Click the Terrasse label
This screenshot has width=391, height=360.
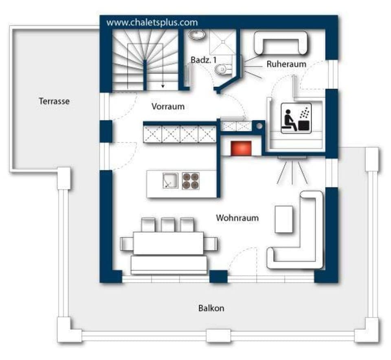[54, 101]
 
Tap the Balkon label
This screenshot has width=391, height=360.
[211, 308]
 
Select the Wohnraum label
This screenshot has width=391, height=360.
[237, 218]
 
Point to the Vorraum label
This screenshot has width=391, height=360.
[168, 107]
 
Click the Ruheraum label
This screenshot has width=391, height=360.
[286, 64]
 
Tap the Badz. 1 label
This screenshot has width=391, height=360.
[204, 60]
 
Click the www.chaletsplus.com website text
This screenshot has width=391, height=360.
[152, 22]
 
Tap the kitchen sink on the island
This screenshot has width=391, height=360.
[170, 180]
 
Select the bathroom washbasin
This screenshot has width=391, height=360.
[198, 35]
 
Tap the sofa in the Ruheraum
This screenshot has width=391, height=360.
[281, 42]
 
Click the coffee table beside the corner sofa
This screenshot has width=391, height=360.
[284, 219]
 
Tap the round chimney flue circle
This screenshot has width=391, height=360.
[259, 126]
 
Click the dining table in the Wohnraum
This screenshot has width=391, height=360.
[168, 243]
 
